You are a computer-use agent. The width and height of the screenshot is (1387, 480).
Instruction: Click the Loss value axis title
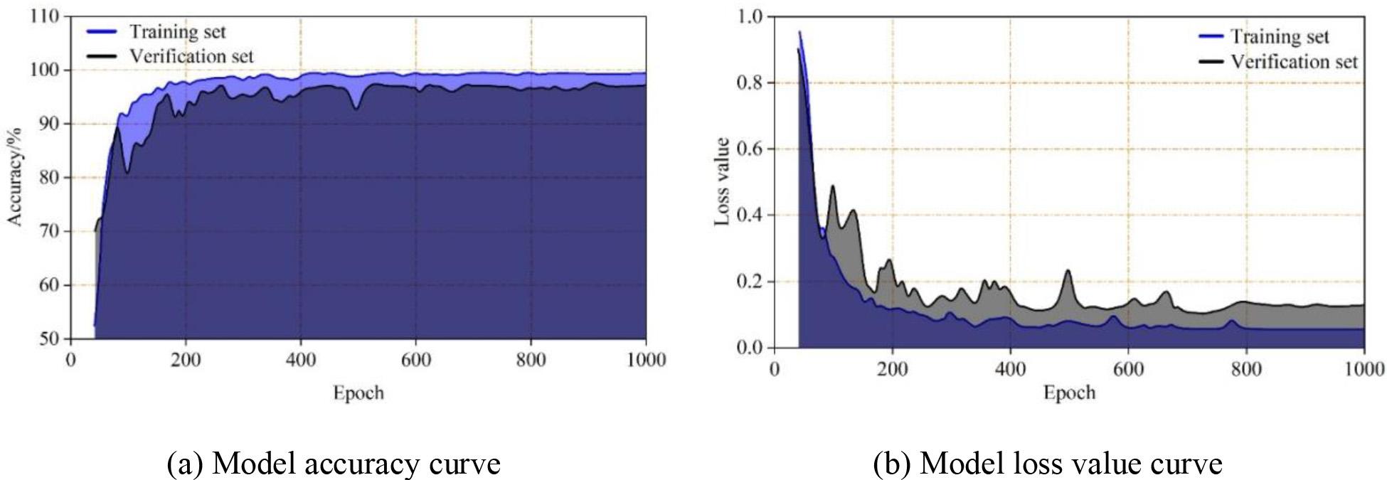click(722, 182)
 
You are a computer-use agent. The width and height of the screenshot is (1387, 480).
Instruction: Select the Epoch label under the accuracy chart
click(358, 393)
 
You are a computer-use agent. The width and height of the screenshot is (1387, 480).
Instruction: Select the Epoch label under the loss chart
click(1069, 393)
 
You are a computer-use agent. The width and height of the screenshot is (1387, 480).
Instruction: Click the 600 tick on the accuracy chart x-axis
click(416, 360)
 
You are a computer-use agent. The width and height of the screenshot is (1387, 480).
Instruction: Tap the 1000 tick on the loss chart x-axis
click(1363, 369)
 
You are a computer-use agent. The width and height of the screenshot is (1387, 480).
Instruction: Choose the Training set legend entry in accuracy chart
click(177, 31)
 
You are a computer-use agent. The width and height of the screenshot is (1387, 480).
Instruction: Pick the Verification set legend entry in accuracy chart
click(191, 56)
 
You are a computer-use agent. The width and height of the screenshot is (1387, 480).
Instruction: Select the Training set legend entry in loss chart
click(1280, 36)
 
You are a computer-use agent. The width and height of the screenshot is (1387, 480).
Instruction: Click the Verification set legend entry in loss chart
click(1294, 62)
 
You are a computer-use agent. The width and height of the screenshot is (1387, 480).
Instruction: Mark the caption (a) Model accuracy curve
click(334, 464)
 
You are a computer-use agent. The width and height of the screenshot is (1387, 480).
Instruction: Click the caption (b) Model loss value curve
click(1047, 464)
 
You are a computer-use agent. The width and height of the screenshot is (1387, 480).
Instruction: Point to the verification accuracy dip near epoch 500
click(356, 108)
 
